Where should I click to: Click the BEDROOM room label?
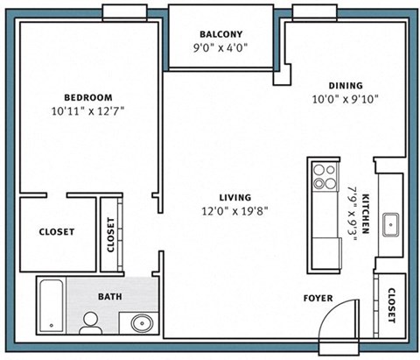[89, 96]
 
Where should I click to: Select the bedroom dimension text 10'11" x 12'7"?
[89, 111]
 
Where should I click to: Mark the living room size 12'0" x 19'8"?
[236, 211]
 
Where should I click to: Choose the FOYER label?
[318, 298]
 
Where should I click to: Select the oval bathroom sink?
[140, 323]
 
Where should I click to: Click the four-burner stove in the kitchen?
[325, 177]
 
